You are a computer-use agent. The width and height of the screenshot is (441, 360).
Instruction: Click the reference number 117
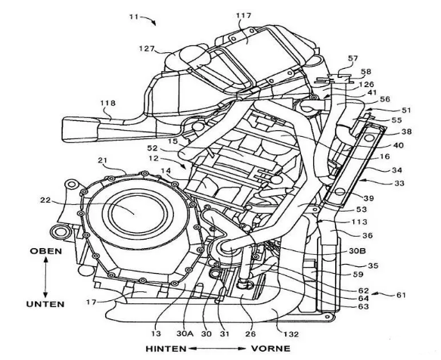click(244, 16)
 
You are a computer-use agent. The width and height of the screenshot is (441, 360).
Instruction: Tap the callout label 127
click(147, 49)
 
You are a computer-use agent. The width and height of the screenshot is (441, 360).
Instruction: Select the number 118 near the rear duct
click(108, 103)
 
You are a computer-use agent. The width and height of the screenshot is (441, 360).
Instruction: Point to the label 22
click(45, 200)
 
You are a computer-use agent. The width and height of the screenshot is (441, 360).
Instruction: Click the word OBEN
click(46, 251)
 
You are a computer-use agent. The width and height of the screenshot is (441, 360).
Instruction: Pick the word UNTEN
click(45, 304)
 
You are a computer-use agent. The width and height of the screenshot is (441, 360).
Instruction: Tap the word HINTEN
click(166, 349)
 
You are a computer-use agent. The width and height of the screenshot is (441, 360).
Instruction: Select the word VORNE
click(271, 349)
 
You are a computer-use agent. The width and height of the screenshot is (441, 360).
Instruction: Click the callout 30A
click(185, 334)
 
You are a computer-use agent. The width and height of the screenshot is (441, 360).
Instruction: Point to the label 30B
click(357, 250)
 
